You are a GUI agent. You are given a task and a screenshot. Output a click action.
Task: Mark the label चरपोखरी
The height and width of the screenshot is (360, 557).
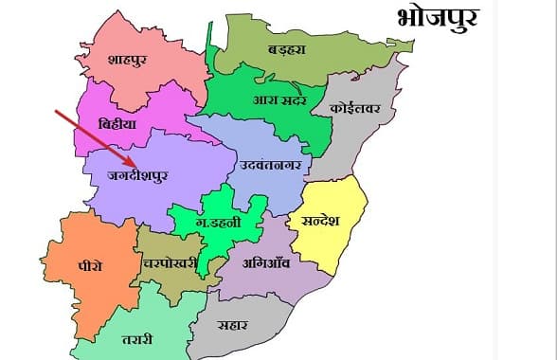[x=168, y=263]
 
